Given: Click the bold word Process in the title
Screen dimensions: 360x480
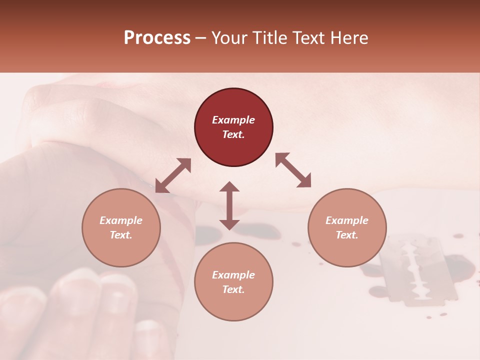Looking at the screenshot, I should pyautogui.click(x=157, y=38).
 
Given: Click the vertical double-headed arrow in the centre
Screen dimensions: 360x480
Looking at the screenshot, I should pyautogui.click(x=229, y=205).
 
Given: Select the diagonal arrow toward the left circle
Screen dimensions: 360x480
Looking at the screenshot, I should pyautogui.click(x=173, y=175).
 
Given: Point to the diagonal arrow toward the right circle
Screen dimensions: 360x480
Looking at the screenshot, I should pyautogui.click(x=293, y=170).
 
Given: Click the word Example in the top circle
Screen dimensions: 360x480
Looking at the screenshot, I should pyautogui.click(x=233, y=120).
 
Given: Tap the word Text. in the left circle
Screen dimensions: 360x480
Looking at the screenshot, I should pyautogui.click(x=121, y=235).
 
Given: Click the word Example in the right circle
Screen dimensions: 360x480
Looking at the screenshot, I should pyautogui.click(x=347, y=220).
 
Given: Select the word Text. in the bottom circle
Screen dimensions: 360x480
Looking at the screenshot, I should pyautogui.click(x=233, y=289).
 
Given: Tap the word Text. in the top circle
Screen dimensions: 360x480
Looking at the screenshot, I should pyautogui.click(x=233, y=134).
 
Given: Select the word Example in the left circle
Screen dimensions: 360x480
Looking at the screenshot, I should pyautogui.click(x=121, y=220).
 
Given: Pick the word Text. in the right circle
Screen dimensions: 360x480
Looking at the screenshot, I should pyautogui.click(x=347, y=235).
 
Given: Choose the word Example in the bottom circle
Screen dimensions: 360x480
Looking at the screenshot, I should pyautogui.click(x=233, y=275).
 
